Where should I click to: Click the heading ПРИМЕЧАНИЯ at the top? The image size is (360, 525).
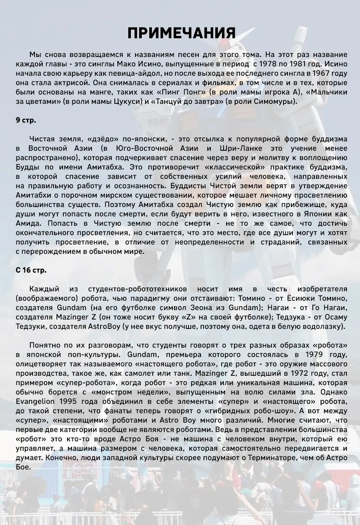pyautogui.click(x=181, y=33)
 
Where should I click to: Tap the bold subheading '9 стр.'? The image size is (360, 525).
pyautogui.click(x=26, y=120)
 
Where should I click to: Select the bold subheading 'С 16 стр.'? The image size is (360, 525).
pyautogui.click(x=31, y=270)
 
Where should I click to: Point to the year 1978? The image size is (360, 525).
pyautogui.click(x=269, y=64)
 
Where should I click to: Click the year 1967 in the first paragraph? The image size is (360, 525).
pyautogui.click(x=322, y=73)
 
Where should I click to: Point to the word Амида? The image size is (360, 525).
pyautogui.click(x=27, y=223)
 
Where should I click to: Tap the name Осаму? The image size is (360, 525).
pyautogui.click(x=335, y=317)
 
